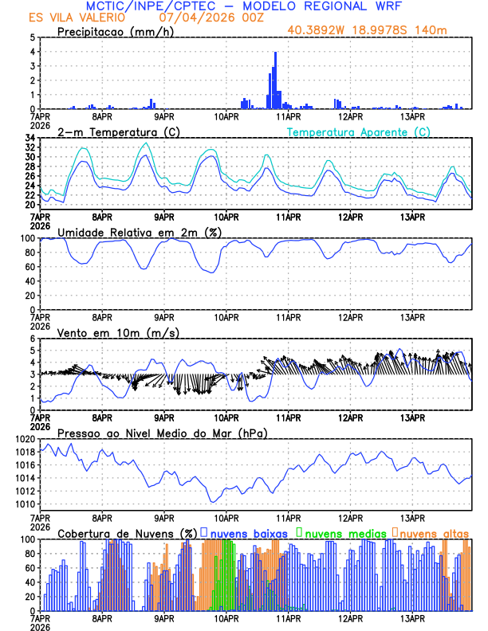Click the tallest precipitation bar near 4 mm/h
pyautogui.click(x=275, y=80)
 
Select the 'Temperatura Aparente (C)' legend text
pyautogui.click(x=359, y=131)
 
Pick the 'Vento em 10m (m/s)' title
pyautogui.click(x=107, y=332)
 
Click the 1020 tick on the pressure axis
pyautogui.click(x=26, y=439)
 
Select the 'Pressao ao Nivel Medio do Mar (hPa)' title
pyautogui.click(x=162, y=433)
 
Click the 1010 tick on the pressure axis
pyautogui.click(x=26, y=504)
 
